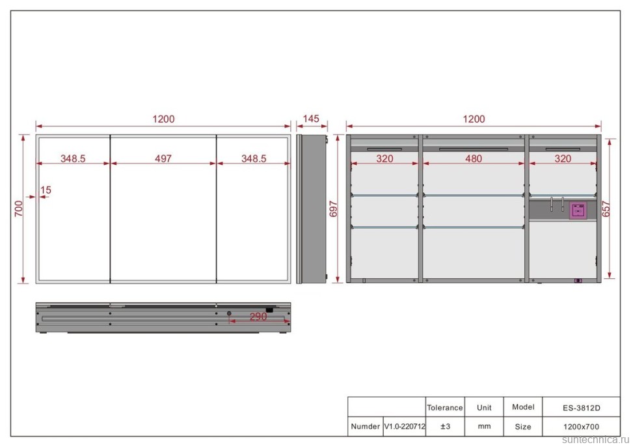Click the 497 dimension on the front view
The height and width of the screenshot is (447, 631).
[163, 158]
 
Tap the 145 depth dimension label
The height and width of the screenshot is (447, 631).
[311, 119]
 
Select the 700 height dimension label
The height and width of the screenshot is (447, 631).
[19, 209]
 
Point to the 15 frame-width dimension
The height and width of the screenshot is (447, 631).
[46, 190]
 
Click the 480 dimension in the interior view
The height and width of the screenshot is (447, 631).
[474, 158]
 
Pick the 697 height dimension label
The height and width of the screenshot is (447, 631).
[333, 209]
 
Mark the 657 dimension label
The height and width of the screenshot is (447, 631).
[606, 209]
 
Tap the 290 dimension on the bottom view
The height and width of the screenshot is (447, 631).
[258, 317]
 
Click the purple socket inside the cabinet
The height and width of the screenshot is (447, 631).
[578, 210]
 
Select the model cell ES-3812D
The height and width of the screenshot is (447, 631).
[582, 408]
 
